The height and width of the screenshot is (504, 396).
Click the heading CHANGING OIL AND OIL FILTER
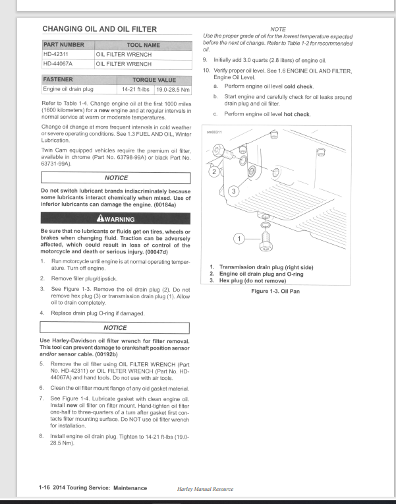pyautogui.click(x=99, y=29)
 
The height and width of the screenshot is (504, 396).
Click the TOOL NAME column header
pyautogui.click(x=143, y=45)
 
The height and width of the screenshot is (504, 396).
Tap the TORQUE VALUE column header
pyautogui.click(x=154, y=80)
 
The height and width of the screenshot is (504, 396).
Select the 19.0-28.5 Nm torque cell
pyautogui.click(x=173, y=89)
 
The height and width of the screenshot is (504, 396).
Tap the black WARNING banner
pyautogui.click(x=115, y=219)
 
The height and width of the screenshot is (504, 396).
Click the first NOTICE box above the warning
pyautogui.click(x=115, y=178)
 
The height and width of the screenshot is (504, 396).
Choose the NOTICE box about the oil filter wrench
pyautogui.click(x=115, y=328)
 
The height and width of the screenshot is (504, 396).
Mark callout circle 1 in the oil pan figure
pyautogui.click(x=239, y=237)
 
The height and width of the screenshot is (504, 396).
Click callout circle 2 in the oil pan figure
pyautogui.click(x=213, y=172)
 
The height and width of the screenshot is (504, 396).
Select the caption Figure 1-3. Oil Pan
pyautogui.click(x=275, y=291)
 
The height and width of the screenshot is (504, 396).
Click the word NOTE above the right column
pyautogui.click(x=278, y=29)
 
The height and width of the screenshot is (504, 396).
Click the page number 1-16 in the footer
pyautogui.click(x=47, y=488)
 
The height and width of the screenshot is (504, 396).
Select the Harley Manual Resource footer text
pyautogui.click(x=206, y=489)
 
